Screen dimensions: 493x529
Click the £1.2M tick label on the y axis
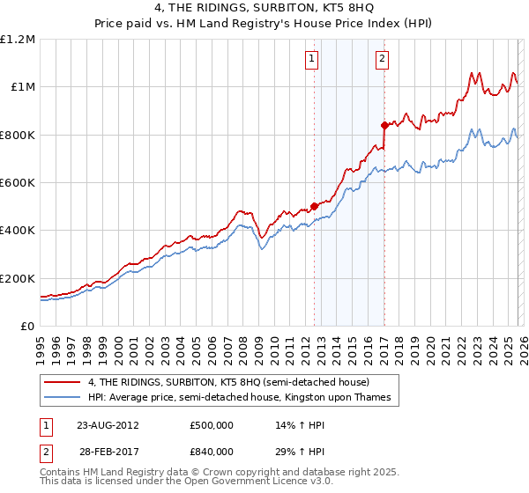click(19, 39)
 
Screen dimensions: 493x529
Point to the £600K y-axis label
click(19, 182)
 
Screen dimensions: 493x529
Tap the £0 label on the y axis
click(27, 326)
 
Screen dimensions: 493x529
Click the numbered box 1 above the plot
click(313, 59)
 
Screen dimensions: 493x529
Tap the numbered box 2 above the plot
click(383, 59)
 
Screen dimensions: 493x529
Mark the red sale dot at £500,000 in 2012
click(314, 206)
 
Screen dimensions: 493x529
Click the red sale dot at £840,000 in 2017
click(384, 125)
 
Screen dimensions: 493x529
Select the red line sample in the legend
click(63, 382)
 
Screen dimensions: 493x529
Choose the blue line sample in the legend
click(63, 398)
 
